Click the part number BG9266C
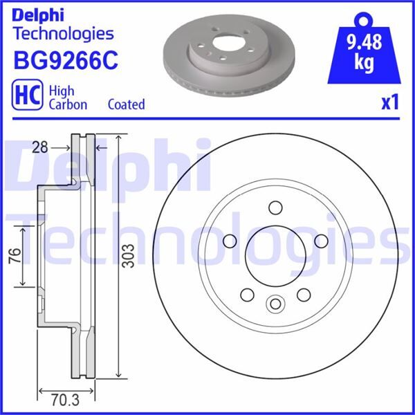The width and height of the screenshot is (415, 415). tap(66, 60)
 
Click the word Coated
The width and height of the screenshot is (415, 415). tap(127, 104)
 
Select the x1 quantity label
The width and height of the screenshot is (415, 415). tap(391, 103)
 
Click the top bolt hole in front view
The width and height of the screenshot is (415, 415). tap(275, 207)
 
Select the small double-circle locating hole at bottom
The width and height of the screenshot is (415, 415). tap(275, 304)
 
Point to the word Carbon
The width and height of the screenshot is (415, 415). tap(68, 104)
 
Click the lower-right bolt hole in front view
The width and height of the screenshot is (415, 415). tap(302, 295)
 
